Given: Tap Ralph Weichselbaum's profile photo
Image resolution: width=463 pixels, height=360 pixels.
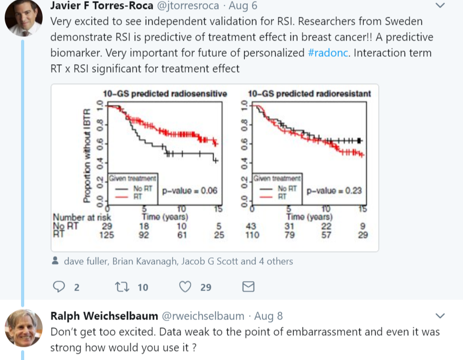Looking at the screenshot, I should [23, 327].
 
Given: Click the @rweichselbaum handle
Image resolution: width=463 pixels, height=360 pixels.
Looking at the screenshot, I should [202, 316].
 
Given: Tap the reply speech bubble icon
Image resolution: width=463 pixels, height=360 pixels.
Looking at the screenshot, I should [59, 287].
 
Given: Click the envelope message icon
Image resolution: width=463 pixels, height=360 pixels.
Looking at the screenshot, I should [248, 287].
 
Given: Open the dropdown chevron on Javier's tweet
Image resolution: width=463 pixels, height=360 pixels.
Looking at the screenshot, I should [441, 6].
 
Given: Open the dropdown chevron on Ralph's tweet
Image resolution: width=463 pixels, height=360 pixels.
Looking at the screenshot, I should [441, 316].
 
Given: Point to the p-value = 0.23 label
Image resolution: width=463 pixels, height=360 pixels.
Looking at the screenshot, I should [333, 191].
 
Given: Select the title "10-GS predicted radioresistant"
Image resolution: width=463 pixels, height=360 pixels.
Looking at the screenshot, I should [309, 94].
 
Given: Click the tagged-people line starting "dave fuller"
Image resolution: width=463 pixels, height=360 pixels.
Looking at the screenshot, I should [178, 261].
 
